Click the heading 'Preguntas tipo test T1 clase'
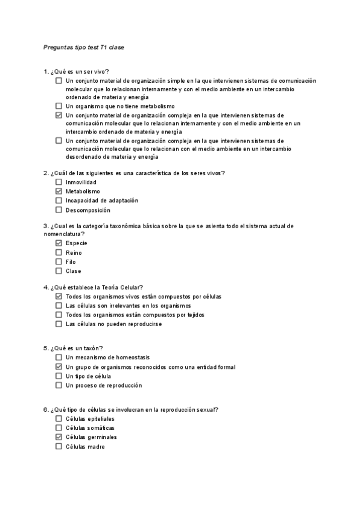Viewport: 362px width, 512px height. click(x=84, y=46)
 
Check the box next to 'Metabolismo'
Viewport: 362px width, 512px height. click(x=59, y=191)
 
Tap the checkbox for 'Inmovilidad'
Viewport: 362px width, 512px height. click(x=59, y=182)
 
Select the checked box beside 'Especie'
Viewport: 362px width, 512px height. click(x=59, y=243)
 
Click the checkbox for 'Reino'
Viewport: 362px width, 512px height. click(x=59, y=252)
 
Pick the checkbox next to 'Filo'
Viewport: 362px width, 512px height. click(x=59, y=261)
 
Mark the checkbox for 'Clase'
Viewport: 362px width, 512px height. click(x=59, y=271)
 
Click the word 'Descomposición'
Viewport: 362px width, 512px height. click(x=88, y=210)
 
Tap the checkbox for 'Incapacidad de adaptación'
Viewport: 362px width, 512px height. click(x=59, y=200)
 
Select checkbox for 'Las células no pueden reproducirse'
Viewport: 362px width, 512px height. click(x=59, y=324)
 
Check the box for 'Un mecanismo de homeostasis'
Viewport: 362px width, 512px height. click(x=59, y=357)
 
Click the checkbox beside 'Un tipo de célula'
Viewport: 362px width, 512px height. click(x=59, y=376)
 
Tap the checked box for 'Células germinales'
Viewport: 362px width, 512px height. click(x=59, y=437)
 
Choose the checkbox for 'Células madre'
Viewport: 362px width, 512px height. click(x=59, y=446)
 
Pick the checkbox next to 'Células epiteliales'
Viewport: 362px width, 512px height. click(x=59, y=418)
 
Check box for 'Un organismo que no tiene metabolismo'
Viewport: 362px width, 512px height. click(x=59, y=106)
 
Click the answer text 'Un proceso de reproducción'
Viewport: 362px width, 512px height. click(x=104, y=385)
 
